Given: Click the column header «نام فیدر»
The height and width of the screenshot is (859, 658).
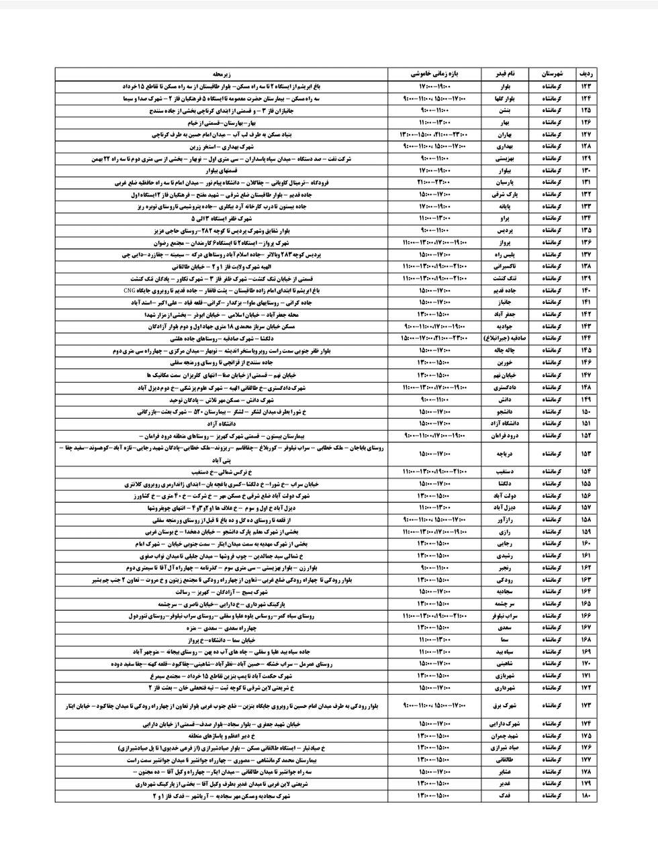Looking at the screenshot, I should click(506, 73).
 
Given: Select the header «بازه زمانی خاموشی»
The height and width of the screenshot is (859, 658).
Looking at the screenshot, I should click(436, 73).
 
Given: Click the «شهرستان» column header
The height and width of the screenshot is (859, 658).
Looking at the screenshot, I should click(553, 73).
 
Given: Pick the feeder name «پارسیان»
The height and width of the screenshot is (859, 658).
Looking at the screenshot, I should click(506, 181).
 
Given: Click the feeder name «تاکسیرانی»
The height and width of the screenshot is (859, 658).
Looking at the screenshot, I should click(506, 266).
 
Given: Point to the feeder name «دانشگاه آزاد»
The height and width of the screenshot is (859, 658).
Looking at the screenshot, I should click(506, 423).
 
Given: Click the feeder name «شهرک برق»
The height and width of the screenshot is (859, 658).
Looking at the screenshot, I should click(506, 705).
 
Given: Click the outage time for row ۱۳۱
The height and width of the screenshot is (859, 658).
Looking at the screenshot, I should click(436, 181).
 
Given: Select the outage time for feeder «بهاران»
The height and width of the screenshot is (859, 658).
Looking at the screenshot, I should click(436, 134).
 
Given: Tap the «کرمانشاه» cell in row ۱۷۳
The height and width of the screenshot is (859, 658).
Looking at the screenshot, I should click(553, 705).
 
